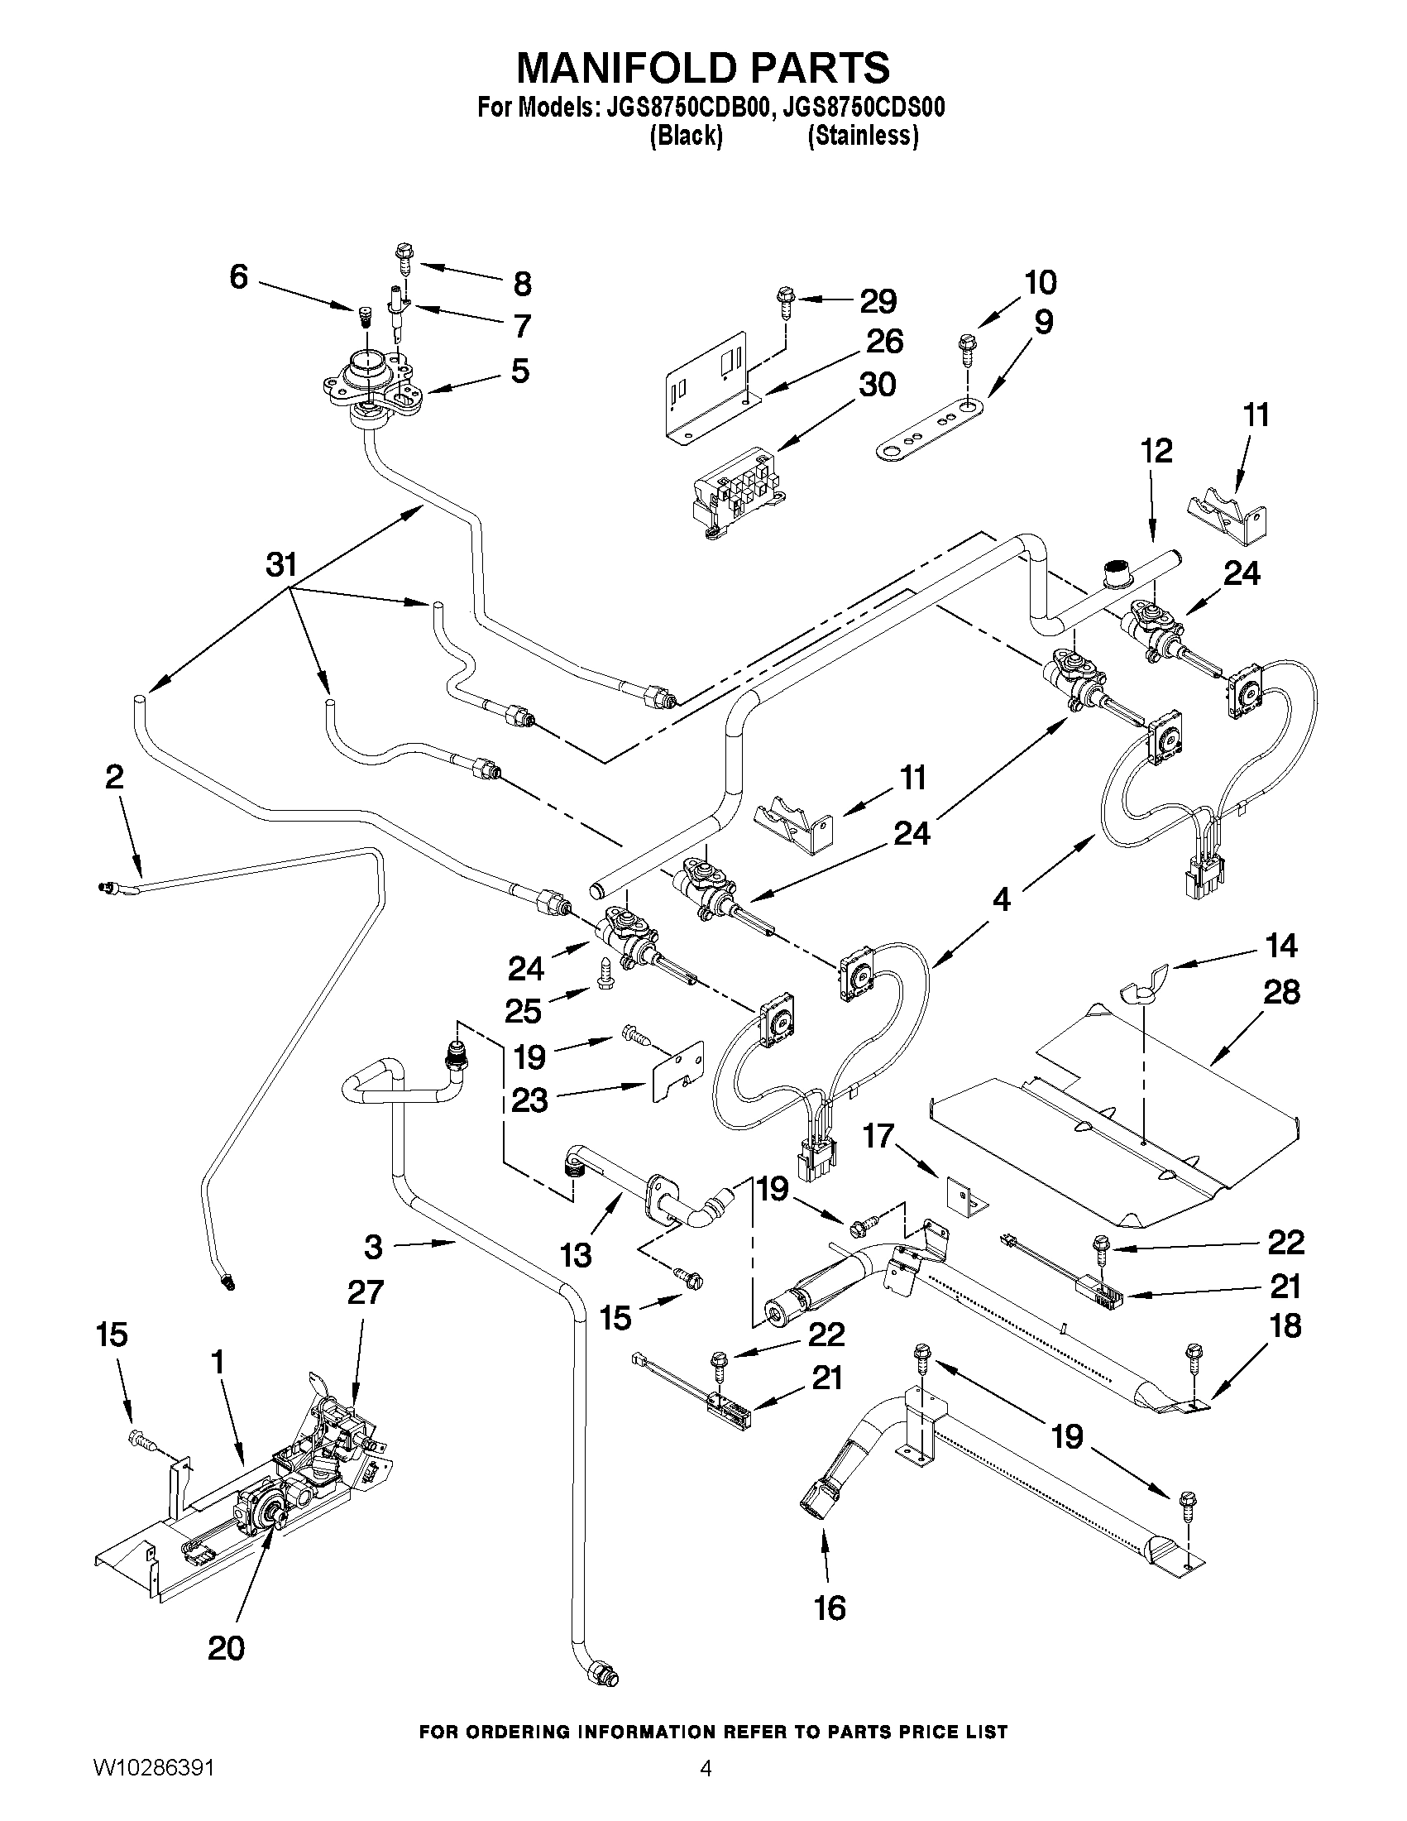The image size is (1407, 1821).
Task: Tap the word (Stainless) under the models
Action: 863,136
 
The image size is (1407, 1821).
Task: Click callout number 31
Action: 281,565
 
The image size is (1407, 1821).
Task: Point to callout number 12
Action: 1157,451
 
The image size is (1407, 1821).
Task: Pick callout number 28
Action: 1281,992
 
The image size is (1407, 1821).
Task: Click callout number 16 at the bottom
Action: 830,1608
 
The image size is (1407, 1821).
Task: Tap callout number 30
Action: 876,385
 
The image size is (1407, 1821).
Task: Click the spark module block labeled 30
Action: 738,494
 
